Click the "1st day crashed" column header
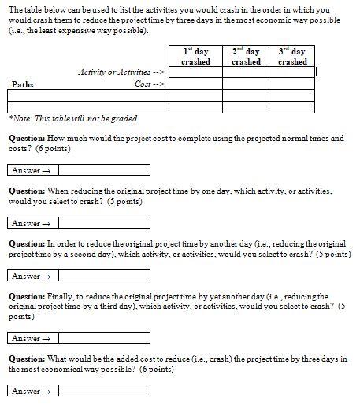pyautogui.click(x=195, y=56)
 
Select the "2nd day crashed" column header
pyautogui.click(x=246, y=56)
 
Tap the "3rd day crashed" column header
pyautogui.click(x=292, y=56)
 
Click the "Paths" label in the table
pyautogui.click(x=23, y=83)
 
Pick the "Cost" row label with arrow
pyautogui.click(x=149, y=83)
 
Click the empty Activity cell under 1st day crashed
pyautogui.click(x=195, y=72)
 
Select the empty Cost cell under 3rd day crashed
pyautogui.click(x=292, y=83)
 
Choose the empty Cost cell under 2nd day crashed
pyautogui.click(x=246, y=83)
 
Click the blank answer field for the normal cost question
pyautogui.click(x=103, y=169)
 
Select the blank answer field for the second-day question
pyautogui.click(x=103, y=276)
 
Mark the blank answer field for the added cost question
pyautogui.click(x=103, y=391)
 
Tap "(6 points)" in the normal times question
pyautogui.click(x=73, y=148)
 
